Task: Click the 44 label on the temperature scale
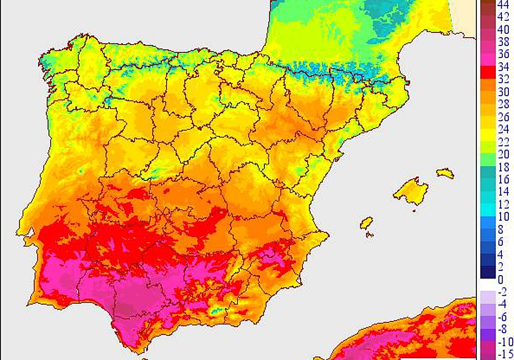(x=503, y=5)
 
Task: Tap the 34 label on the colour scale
(x=503, y=67)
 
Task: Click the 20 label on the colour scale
(x=503, y=154)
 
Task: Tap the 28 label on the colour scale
(x=503, y=104)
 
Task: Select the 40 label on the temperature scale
(x=503, y=30)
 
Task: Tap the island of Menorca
(x=445, y=173)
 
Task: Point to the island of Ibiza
(x=367, y=223)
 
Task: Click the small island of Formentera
(x=369, y=234)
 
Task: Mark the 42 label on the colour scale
(x=503, y=18)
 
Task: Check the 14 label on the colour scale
(x=503, y=191)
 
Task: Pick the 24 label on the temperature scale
(x=503, y=129)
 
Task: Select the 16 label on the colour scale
(x=503, y=179)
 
